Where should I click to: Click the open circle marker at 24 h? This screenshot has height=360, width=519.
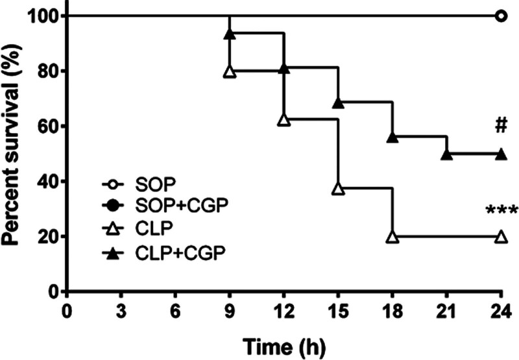pos(501,16)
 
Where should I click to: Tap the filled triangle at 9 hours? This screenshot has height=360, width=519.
pos(230,34)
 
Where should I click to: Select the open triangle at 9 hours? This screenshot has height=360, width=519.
pos(230,71)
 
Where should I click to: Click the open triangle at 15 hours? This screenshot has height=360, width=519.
pos(338,188)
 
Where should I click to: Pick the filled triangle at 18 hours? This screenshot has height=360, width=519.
pos(392,138)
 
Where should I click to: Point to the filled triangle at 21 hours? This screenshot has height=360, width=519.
pos(447,154)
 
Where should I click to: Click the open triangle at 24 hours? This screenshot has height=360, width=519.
pos(501,237)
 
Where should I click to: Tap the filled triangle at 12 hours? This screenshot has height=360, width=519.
pos(284,69)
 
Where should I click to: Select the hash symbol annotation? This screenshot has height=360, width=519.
pos(501,126)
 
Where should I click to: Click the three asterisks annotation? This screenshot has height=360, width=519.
pos(501,210)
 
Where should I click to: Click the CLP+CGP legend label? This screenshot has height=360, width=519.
pos(180,254)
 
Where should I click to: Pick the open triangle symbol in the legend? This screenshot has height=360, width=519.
pos(112,230)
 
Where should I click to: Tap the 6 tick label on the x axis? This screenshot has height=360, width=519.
pos(175,312)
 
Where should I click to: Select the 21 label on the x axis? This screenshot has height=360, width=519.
pos(447,312)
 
